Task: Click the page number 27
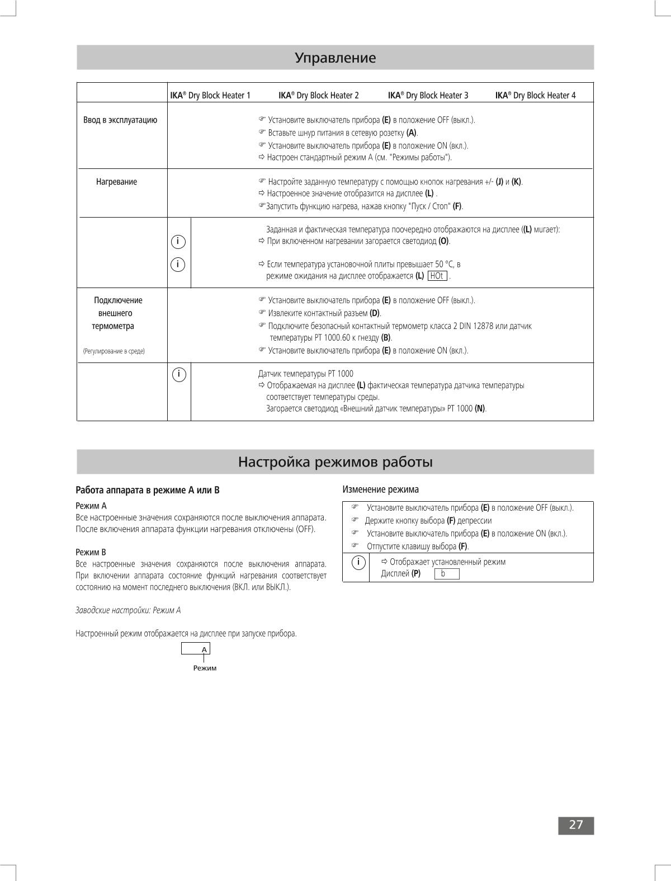coord(576,825)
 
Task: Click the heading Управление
coord(335,58)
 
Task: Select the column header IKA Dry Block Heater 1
coord(210,95)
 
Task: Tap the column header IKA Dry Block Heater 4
coord(535,95)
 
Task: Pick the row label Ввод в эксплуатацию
coord(120,120)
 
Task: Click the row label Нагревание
coord(116,182)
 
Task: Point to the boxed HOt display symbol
coord(437,276)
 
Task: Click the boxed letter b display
coord(446,574)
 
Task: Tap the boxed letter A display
coord(196,649)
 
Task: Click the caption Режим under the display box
coord(205,668)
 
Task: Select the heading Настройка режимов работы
coord(335,462)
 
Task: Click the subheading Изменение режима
coord(380,489)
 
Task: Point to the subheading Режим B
coord(91,552)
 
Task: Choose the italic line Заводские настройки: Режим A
coord(128,610)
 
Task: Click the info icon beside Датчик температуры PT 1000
coord(179,374)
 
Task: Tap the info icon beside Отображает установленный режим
coord(358,562)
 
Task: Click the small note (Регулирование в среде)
coord(114,351)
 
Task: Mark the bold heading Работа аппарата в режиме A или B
coord(148,490)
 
